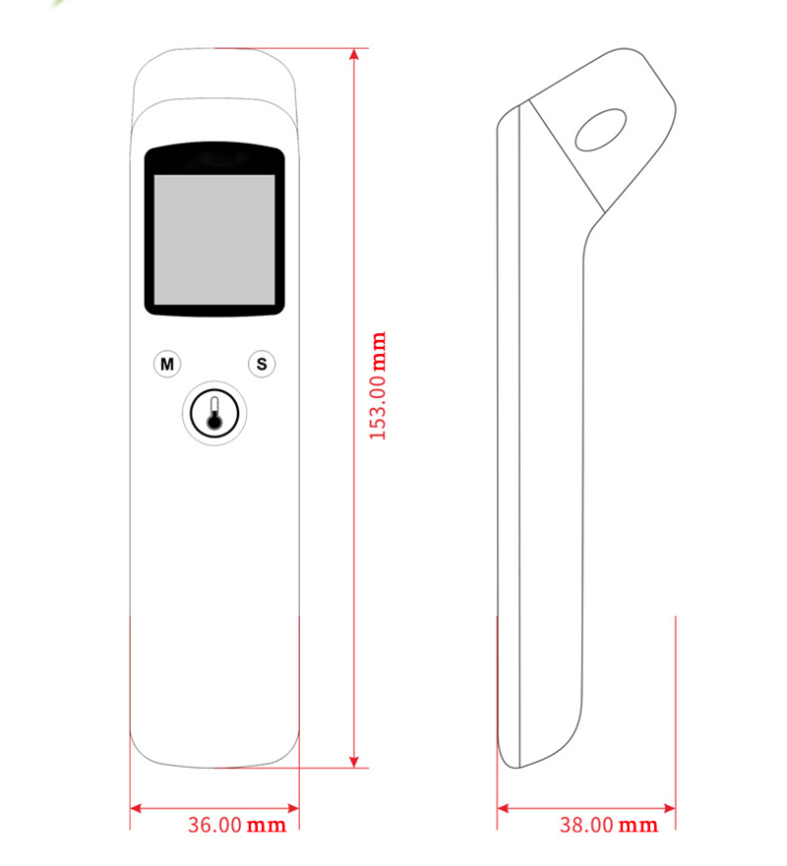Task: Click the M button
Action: click(167, 364)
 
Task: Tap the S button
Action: click(262, 364)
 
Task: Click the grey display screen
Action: click(214, 240)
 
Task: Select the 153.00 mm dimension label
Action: click(378, 385)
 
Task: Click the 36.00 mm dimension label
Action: click(237, 825)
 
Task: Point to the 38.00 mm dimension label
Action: click(609, 825)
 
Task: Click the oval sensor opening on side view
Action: click(601, 130)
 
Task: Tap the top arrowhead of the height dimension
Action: click(355, 54)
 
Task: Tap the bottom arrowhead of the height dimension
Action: click(355, 762)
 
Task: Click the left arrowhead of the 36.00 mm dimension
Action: click(136, 809)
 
